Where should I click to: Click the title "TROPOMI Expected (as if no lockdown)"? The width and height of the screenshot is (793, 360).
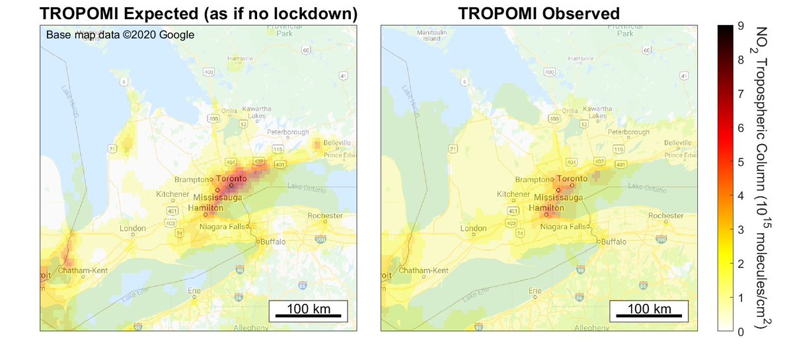(199, 13)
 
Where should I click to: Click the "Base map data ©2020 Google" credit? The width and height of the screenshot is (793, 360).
(120, 35)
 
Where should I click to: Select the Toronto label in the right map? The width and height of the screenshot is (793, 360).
(572, 179)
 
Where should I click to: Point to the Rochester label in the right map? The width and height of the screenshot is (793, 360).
(666, 215)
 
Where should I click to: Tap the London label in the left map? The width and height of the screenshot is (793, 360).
(133, 229)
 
